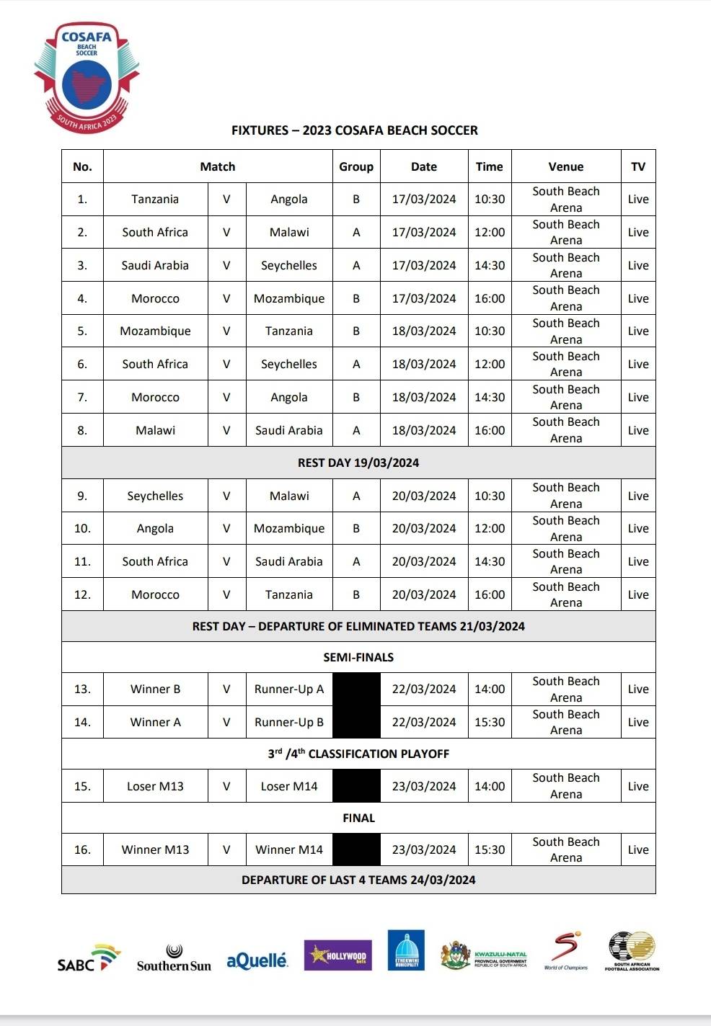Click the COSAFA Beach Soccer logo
87,76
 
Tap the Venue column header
565,166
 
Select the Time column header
489,166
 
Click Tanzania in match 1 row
155,200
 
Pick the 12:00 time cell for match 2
489,233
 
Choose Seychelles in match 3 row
288,266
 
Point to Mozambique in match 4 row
288,298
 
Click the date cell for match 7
423,397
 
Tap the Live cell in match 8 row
637,430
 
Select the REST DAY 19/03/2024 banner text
358,463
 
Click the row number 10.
82,528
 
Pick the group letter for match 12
355,594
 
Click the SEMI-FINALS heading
358,657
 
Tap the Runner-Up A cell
288,690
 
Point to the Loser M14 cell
288,786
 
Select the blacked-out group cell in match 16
355,849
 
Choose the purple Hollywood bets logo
337,956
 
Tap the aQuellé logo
257,960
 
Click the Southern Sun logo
174,960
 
